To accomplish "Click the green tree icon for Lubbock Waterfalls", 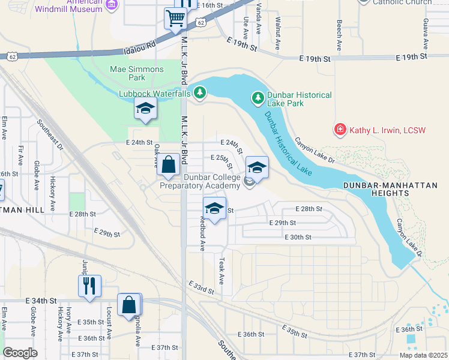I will point(200,93).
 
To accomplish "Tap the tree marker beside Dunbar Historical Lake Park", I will point(258,97).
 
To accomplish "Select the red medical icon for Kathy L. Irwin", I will point(340,130).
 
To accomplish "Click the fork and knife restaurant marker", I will point(89,285).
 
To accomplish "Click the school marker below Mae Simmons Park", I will point(145,109).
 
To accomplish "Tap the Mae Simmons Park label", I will point(136,73).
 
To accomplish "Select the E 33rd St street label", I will point(201,287).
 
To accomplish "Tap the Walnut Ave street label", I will point(277,34).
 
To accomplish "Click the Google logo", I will point(20,353).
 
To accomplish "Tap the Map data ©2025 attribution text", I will point(423,355).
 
